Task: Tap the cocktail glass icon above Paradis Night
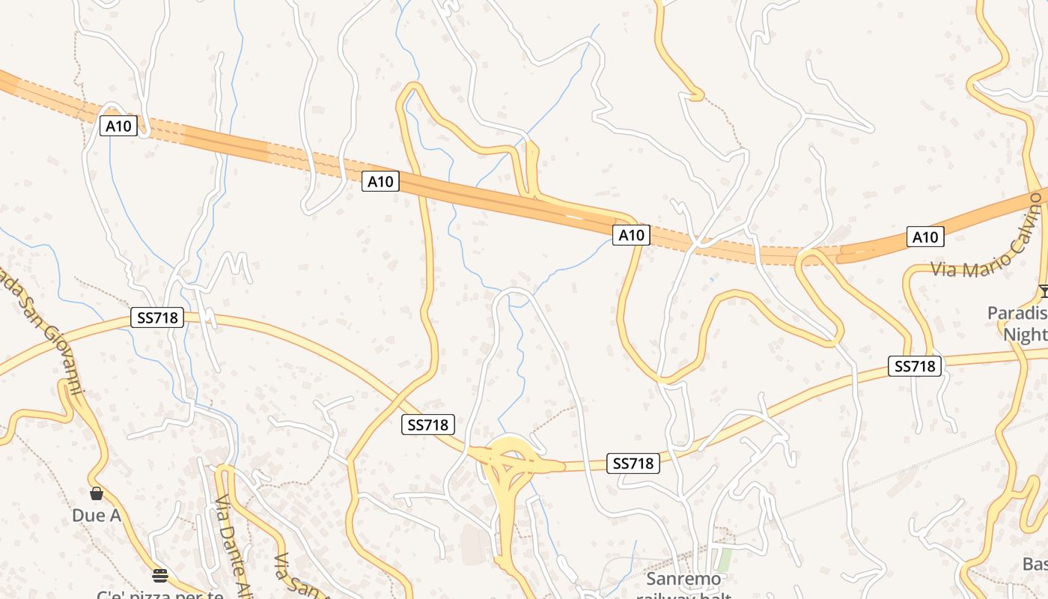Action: (1044, 291)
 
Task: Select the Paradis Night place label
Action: (1018, 323)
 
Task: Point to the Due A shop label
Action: (97, 515)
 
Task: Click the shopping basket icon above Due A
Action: (97, 493)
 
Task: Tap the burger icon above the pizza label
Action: (159, 575)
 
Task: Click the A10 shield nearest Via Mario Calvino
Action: (925, 237)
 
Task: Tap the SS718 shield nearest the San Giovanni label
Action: (157, 317)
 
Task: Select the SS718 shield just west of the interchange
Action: (427, 425)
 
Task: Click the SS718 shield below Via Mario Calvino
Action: (915, 366)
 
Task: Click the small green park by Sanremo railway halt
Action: (723, 559)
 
